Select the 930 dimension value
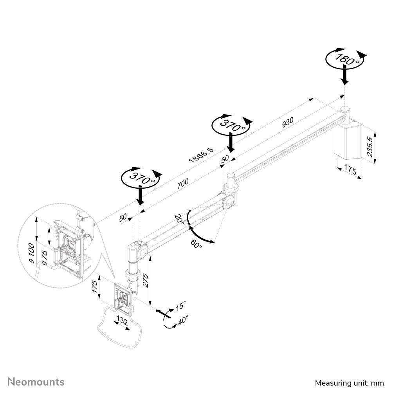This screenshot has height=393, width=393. pos(288,122)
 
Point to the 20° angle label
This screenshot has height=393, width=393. pos(179,219)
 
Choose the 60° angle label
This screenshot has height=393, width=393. pos(196,244)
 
